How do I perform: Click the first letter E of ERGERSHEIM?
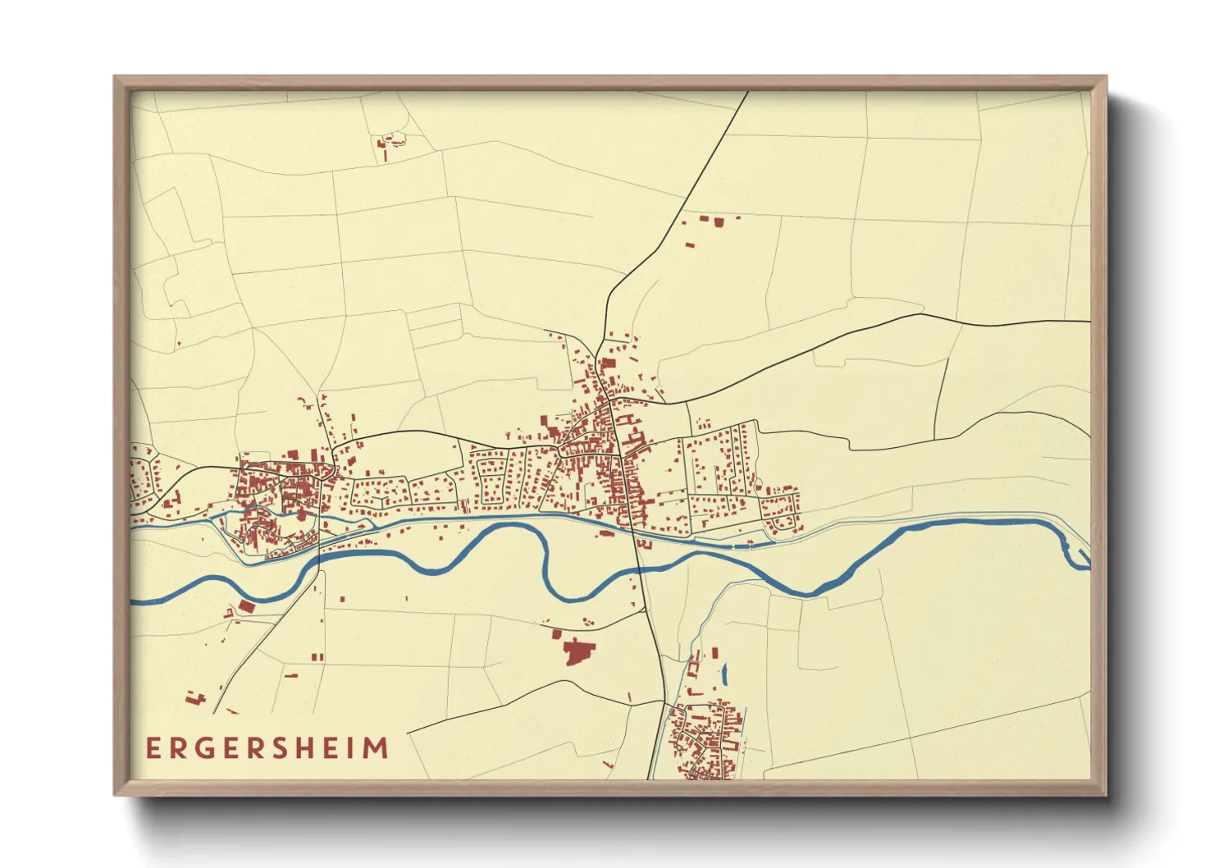coord(153,748)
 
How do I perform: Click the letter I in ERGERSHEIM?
coord(350,748)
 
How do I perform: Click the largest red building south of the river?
coord(577,652)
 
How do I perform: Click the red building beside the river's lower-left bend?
coord(246,607)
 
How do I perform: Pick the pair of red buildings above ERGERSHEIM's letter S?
coord(290,675)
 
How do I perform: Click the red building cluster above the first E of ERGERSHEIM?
coord(195,699)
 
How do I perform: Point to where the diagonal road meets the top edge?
coord(747,93)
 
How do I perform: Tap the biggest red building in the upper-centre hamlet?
coord(719,222)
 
